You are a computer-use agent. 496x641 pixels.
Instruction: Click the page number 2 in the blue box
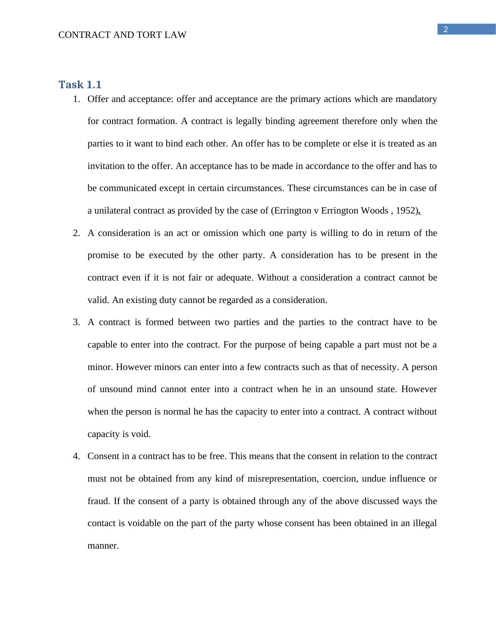click(x=446, y=30)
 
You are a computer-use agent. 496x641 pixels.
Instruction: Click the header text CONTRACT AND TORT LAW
click(x=122, y=35)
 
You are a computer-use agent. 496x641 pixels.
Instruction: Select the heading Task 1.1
click(x=80, y=84)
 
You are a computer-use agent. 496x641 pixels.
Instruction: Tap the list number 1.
click(x=76, y=99)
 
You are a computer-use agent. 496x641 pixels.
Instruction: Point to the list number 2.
click(x=76, y=233)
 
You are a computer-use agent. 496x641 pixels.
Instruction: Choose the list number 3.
click(x=76, y=322)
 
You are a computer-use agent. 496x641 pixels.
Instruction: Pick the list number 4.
click(x=76, y=456)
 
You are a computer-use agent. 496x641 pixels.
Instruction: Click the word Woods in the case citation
click(x=374, y=211)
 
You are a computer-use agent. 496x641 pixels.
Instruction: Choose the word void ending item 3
click(x=140, y=434)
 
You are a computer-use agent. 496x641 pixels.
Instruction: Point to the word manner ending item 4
click(x=103, y=546)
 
